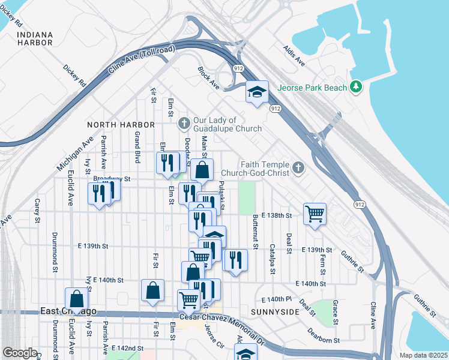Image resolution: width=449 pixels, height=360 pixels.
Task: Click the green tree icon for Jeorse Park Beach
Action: (x=357, y=88)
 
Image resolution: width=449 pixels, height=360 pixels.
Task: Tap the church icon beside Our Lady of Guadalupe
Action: (x=184, y=124)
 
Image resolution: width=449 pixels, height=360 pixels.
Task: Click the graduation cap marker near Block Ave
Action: (x=257, y=92)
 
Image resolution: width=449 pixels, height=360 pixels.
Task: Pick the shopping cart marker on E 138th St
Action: (x=315, y=214)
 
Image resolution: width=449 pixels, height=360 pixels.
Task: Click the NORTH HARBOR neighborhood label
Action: (x=121, y=125)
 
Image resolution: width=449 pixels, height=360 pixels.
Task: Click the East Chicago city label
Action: (x=68, y=311)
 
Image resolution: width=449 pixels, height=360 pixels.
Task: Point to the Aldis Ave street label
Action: (x=294, y=55)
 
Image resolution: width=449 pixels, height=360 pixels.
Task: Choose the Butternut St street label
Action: (x=255, y=232)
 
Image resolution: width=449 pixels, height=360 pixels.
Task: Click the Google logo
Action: (x=20, y=353)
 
